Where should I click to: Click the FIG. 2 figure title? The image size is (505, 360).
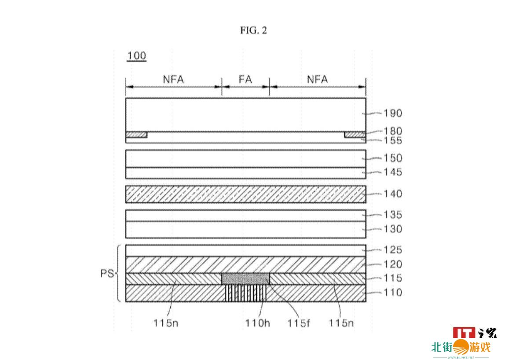(x=253, y=30)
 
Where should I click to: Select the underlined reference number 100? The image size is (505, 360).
(x=136, y=56)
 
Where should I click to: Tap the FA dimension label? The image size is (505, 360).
(x=245, y=79)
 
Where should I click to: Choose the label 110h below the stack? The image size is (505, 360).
(x=258, y=323)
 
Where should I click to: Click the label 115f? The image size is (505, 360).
(x=299, y=323)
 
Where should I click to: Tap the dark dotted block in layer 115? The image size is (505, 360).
(x=245, y=279)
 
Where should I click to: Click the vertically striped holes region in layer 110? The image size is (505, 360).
(x=245, y=293)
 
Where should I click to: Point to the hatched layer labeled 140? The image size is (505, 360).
(x=245, y=194)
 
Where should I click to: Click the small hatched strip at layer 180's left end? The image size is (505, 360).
(x=136, y=135)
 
